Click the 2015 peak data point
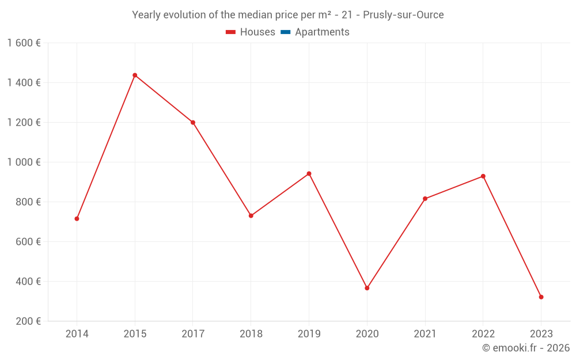click(135, 75)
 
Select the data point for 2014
click(77, 219)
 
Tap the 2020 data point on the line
click(367, 288)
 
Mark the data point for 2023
click(541, 297)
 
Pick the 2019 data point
click(309, 173)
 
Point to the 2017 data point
click(193, 123)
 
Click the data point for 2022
click(483, 176)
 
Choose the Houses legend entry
click(257, 32)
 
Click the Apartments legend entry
click(322, 32)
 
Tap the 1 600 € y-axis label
click(24, 43)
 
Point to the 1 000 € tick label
click(24, 162)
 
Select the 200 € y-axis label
click(28, 321)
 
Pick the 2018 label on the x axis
click(251, 334)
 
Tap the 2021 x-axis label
click(425, 334)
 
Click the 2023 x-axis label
click(541, 334)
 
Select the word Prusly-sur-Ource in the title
click(403, 15)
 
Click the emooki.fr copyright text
click(526, 348)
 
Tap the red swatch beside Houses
click(231, 32)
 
